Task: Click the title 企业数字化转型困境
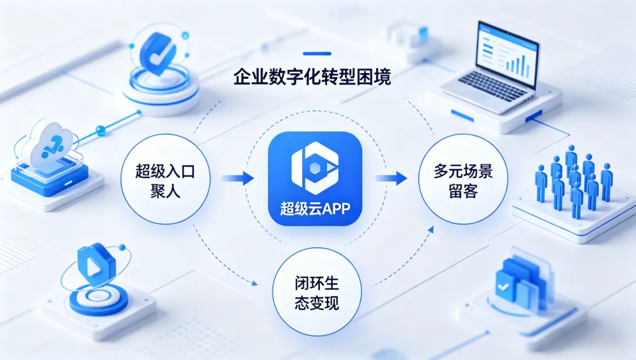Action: point(312,77)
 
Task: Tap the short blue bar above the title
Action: point(316,54)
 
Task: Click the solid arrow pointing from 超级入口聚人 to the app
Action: point(238,177)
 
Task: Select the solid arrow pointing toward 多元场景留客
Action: point(391,177)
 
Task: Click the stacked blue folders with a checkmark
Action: point(518,280)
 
